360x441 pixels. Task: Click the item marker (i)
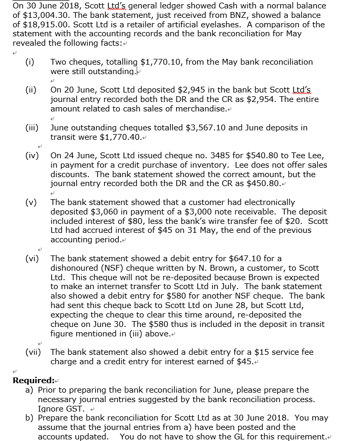(30, 62)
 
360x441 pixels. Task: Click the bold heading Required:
(34, 380)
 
